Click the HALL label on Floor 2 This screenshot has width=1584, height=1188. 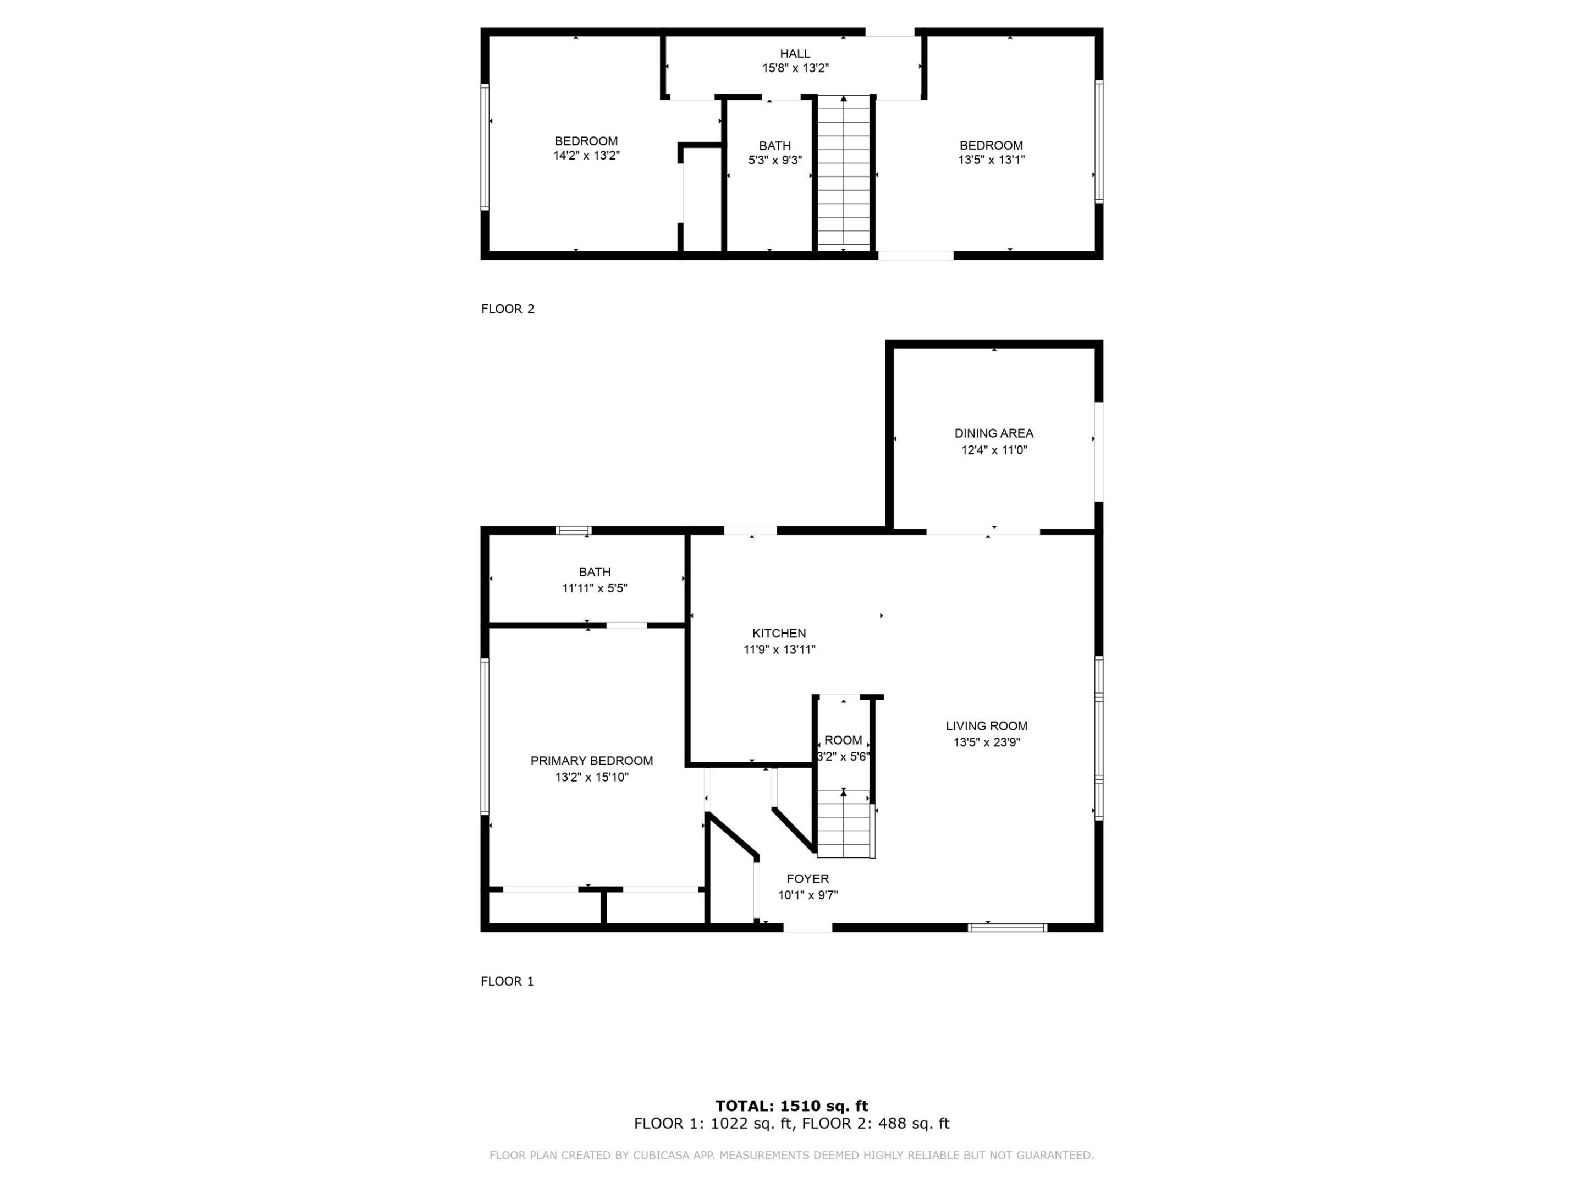click(795, 54)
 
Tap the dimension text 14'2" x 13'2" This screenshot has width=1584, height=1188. click(586, 156)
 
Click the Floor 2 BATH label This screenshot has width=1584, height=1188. click(775, 146)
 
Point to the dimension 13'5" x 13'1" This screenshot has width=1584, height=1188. click(991, 159)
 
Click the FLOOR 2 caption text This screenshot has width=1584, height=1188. click(508, 309)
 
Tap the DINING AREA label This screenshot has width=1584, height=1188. click(993, 433)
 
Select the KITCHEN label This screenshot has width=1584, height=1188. click(778, 633)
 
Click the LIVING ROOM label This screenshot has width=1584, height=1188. click(986, 725)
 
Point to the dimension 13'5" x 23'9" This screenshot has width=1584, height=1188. click(986, 742)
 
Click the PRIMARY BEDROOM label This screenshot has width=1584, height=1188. click(591, 761)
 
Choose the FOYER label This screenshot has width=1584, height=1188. click(808, 879)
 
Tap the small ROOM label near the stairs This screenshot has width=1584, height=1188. click(843, 740)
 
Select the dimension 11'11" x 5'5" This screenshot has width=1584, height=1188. click(595, 588)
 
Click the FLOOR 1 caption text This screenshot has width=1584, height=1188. click(507, 981)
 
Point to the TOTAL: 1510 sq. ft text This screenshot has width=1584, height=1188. click(791, 1105)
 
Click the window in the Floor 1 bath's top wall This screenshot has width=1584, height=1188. click(574, 531)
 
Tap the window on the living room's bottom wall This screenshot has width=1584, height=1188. click(1007, 928)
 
